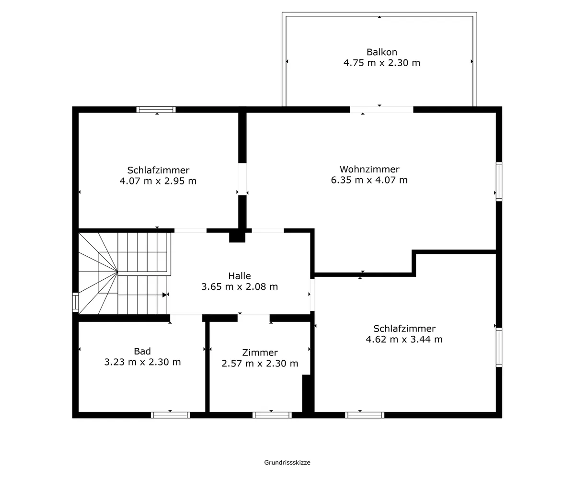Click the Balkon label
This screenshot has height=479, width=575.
[x=382, y=52]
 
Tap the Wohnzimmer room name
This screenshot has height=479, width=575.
[x=369, y=169]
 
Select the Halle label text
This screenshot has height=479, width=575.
[x=239, y=276]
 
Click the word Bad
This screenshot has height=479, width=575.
[x=142, y=351]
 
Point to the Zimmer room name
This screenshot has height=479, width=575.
[x=260, y=353]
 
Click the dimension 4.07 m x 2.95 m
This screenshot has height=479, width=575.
[x=158, y=181]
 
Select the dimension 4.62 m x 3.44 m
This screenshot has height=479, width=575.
[x=404, y=340]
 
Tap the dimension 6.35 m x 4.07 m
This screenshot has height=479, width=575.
[x=369, y=180]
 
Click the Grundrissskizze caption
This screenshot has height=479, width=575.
[x=287, y=463]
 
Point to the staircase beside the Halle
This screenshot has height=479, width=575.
[x=125, y=273]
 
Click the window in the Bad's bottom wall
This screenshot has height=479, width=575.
[x=171, y=415]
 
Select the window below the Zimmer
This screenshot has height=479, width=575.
[x=272, y=415]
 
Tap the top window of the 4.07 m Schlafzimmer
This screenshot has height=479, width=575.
[x=156, y=110]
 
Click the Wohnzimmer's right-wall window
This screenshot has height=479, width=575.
[x=499, y=182]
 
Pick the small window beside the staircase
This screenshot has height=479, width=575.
[x=75, y=302]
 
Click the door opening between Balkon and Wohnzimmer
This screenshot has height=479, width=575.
[x=381, y=110]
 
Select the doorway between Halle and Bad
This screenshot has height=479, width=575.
[x=186, y=318]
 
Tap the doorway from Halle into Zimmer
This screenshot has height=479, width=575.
[x=253, y=318]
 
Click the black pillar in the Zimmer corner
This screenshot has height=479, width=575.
[x=307, y=393]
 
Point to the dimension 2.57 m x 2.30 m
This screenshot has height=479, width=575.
[x=260, y=364]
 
